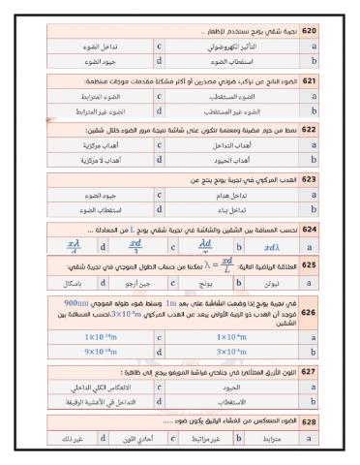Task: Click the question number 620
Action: [x=309, y=32]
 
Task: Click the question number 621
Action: [x=309, y=80]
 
